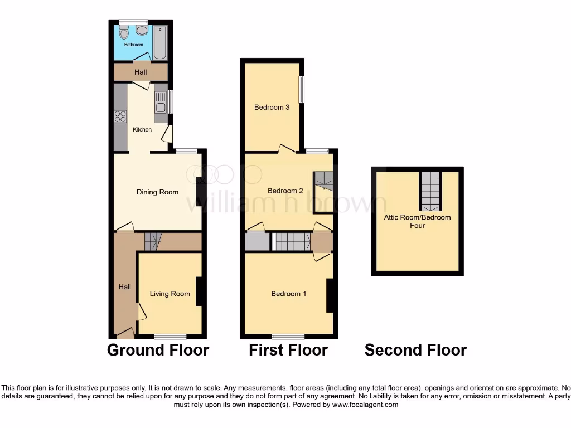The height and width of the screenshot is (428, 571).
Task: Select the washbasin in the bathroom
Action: tap(142, 30)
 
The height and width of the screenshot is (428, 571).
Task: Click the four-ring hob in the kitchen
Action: tap(120, 116)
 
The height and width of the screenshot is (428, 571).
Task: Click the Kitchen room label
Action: tap(142, 130)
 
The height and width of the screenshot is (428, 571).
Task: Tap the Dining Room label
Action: tap(157, 192)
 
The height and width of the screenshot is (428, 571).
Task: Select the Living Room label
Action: tap(170, 294)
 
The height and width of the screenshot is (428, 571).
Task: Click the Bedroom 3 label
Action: tap(272, 107)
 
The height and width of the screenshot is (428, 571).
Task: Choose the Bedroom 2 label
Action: tap(285, 191)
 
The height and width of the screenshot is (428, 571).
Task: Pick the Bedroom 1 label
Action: tap(288, 294)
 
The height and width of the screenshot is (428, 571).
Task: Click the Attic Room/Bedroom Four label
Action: tap(417, 221)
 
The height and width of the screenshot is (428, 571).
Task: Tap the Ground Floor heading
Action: tap(158, 350)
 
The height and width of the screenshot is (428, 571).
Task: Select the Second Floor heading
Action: tap(415, 350)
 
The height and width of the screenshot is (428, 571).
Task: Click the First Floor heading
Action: tap(288, 350)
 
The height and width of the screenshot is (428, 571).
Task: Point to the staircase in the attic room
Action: tap(430, 189)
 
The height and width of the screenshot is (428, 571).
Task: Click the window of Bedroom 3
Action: tap(302, 89)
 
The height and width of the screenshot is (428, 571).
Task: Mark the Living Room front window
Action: tap(170, 336)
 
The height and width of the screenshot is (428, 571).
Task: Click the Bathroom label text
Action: tap(133, 45)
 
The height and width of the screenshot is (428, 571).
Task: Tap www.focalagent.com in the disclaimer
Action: tap(365, 405)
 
